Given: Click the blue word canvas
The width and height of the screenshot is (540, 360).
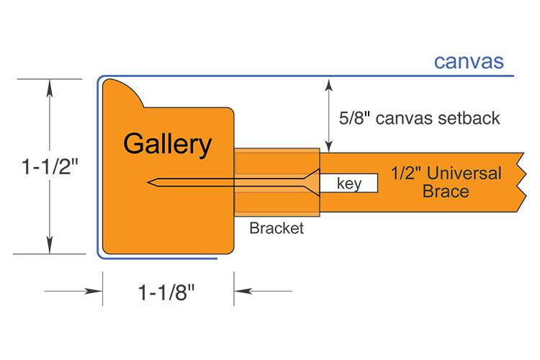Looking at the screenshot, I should [468, 61].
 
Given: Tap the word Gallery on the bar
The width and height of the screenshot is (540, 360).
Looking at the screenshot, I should [167, 144].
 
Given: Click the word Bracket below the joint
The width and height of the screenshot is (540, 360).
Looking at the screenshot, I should [276, 229].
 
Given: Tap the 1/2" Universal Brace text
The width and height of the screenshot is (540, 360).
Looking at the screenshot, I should [446, 182].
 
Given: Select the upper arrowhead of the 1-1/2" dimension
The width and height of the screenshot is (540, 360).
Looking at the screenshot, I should [49, 86].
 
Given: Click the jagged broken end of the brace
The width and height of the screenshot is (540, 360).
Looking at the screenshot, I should [521, 182].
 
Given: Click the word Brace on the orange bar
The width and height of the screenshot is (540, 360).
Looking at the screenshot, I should [446, 192].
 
